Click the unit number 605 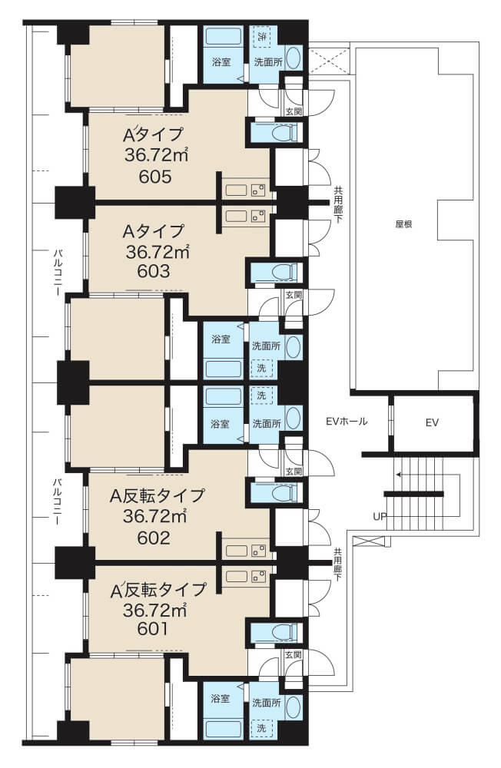click(x=155, y=177)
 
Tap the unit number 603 click(x=154, y=271)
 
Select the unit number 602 click(x=154, y=538)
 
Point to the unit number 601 click(x=153, y=628)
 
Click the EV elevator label click(x=432, y=422)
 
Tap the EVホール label click(x=347, y=421)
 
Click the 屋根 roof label click(x=403, y=224)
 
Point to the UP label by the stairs click(x=380, y=516)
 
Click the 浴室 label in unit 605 click(x=221, y=62)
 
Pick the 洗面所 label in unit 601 click(x=266, y=703)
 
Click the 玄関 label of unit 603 click(x=294, y=295)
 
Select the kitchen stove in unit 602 click(x=258, y=550)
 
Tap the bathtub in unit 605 click(x=223, y=37)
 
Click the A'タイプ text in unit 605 click(x=153, y=134)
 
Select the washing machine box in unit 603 click(x=262, y=367)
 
